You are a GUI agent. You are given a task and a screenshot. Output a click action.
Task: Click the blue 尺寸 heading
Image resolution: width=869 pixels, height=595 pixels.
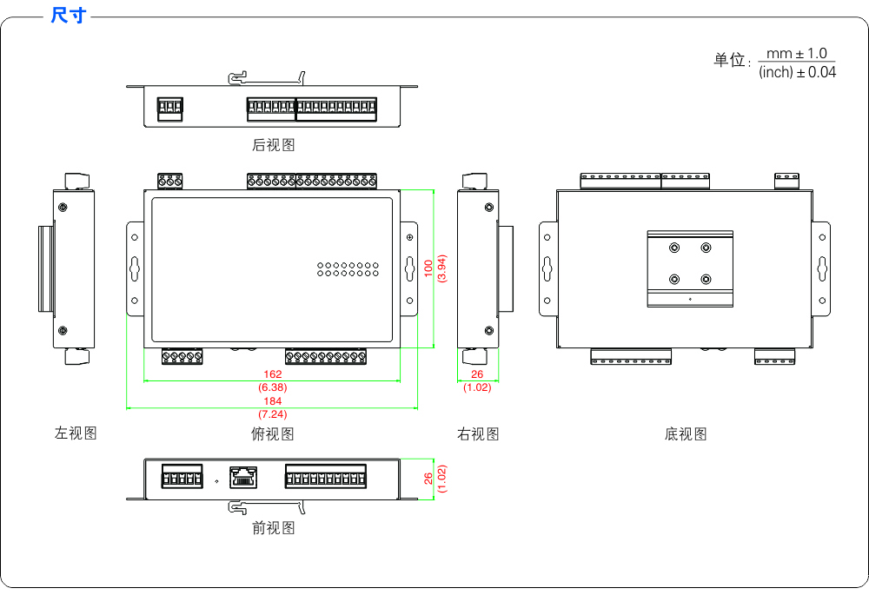68,15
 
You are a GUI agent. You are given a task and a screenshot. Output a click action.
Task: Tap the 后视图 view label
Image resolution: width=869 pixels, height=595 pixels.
273,145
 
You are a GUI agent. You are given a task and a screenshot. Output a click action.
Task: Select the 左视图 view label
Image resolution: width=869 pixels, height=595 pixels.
76,433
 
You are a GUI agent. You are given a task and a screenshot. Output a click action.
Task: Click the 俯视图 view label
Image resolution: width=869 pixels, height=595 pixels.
273,433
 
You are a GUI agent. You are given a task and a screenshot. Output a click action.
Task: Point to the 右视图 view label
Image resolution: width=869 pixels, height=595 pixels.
478,433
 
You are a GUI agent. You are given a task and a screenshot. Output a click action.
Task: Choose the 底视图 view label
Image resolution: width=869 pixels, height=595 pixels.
686,433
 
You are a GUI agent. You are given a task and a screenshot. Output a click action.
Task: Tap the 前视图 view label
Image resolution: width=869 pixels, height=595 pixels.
273,528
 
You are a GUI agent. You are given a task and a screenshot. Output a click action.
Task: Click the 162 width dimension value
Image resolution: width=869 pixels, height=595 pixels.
273,374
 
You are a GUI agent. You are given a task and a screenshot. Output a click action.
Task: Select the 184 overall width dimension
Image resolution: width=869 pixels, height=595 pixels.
273,401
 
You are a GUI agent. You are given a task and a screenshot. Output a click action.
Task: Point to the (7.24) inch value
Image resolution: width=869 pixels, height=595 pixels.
273,414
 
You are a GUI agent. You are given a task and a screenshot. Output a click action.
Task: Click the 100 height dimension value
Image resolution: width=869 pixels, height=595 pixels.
428,268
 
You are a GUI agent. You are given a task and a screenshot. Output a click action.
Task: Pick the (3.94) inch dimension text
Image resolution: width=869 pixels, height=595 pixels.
441,268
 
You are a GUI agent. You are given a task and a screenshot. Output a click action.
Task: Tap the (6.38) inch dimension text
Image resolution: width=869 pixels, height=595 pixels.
273,387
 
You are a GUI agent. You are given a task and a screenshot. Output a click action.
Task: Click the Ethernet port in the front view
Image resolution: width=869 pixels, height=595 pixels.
243,477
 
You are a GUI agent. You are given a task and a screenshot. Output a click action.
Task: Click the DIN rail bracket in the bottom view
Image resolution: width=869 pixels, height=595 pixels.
690,268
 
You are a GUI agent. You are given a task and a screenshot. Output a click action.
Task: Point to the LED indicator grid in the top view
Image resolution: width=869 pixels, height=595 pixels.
348,269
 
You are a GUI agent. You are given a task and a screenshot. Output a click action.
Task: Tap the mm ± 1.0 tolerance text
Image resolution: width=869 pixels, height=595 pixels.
796,54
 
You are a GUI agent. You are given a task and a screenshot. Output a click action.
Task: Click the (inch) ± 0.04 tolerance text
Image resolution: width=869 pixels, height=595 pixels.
797,72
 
